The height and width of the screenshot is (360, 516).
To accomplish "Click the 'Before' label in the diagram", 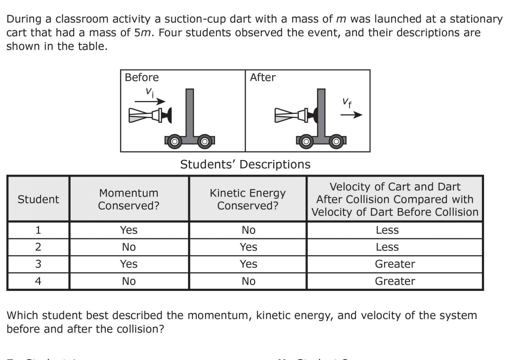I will [x=142, y=77].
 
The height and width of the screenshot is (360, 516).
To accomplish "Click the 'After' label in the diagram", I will [x=263, y=77].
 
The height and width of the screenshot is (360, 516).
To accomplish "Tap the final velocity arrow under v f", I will [x=351, y=115].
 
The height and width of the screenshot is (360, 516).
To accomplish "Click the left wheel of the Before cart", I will [x=174, y=141].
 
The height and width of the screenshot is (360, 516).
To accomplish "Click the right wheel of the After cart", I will [x=336, y=141].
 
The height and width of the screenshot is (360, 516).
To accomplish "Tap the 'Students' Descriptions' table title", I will [x=245, y=164].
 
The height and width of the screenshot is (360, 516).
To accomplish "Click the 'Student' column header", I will [x=38, y=199].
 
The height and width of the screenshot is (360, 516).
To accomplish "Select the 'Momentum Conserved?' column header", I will [x=129, y=199].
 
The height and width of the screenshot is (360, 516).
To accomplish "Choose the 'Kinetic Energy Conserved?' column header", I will [x=248, y=199].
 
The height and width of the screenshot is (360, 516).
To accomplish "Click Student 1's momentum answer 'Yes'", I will [x=129, y=230].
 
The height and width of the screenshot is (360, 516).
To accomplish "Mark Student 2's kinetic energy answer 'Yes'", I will [x=248, y=247].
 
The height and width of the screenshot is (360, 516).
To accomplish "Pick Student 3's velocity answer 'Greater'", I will [x=395, y=264].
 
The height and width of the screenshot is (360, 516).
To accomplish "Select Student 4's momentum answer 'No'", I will [x=129, y=281].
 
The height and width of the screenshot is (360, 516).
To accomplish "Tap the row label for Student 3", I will [x=38, y=264].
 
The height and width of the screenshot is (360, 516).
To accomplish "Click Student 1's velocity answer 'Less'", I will [x=387, y=230].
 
